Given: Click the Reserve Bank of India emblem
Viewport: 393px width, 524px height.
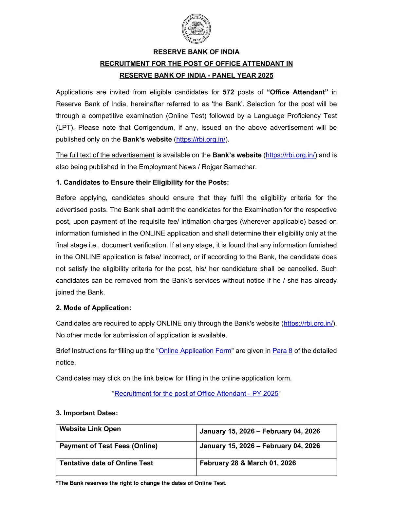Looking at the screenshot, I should pyautogui.click(x=196, y=29).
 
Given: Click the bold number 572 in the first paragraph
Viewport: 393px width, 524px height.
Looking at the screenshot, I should pyautogui.click(x=228, y=92).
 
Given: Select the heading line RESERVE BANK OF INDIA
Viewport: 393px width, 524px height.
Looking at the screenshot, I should pyautogui.click(x=196, y=52).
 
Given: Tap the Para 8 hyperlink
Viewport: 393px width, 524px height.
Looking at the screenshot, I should pyautogui.click(x=282, y=351).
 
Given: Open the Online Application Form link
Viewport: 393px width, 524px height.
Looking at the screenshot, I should pyautogui.click(x=195, y=351).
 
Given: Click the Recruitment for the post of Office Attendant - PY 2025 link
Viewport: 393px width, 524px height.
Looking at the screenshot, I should pyautogui.click(x=196, y=394).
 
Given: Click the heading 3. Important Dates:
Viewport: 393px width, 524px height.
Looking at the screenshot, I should pyautogui.click(x=87, y=413).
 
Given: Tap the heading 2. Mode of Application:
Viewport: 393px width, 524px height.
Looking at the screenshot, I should pyautogui.click(x=93, y=308).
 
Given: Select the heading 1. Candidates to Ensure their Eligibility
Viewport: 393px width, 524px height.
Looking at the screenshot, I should pyautogui.click(x=142, y=182).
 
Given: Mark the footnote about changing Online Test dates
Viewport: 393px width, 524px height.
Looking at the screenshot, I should pyautogui.click(x=141, y=483).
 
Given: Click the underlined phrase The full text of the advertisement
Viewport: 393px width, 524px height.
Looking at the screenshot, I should pyautogui.click(x=105, y=155).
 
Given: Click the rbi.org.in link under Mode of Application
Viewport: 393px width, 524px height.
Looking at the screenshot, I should pyautogui.click(x=308, y=324).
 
